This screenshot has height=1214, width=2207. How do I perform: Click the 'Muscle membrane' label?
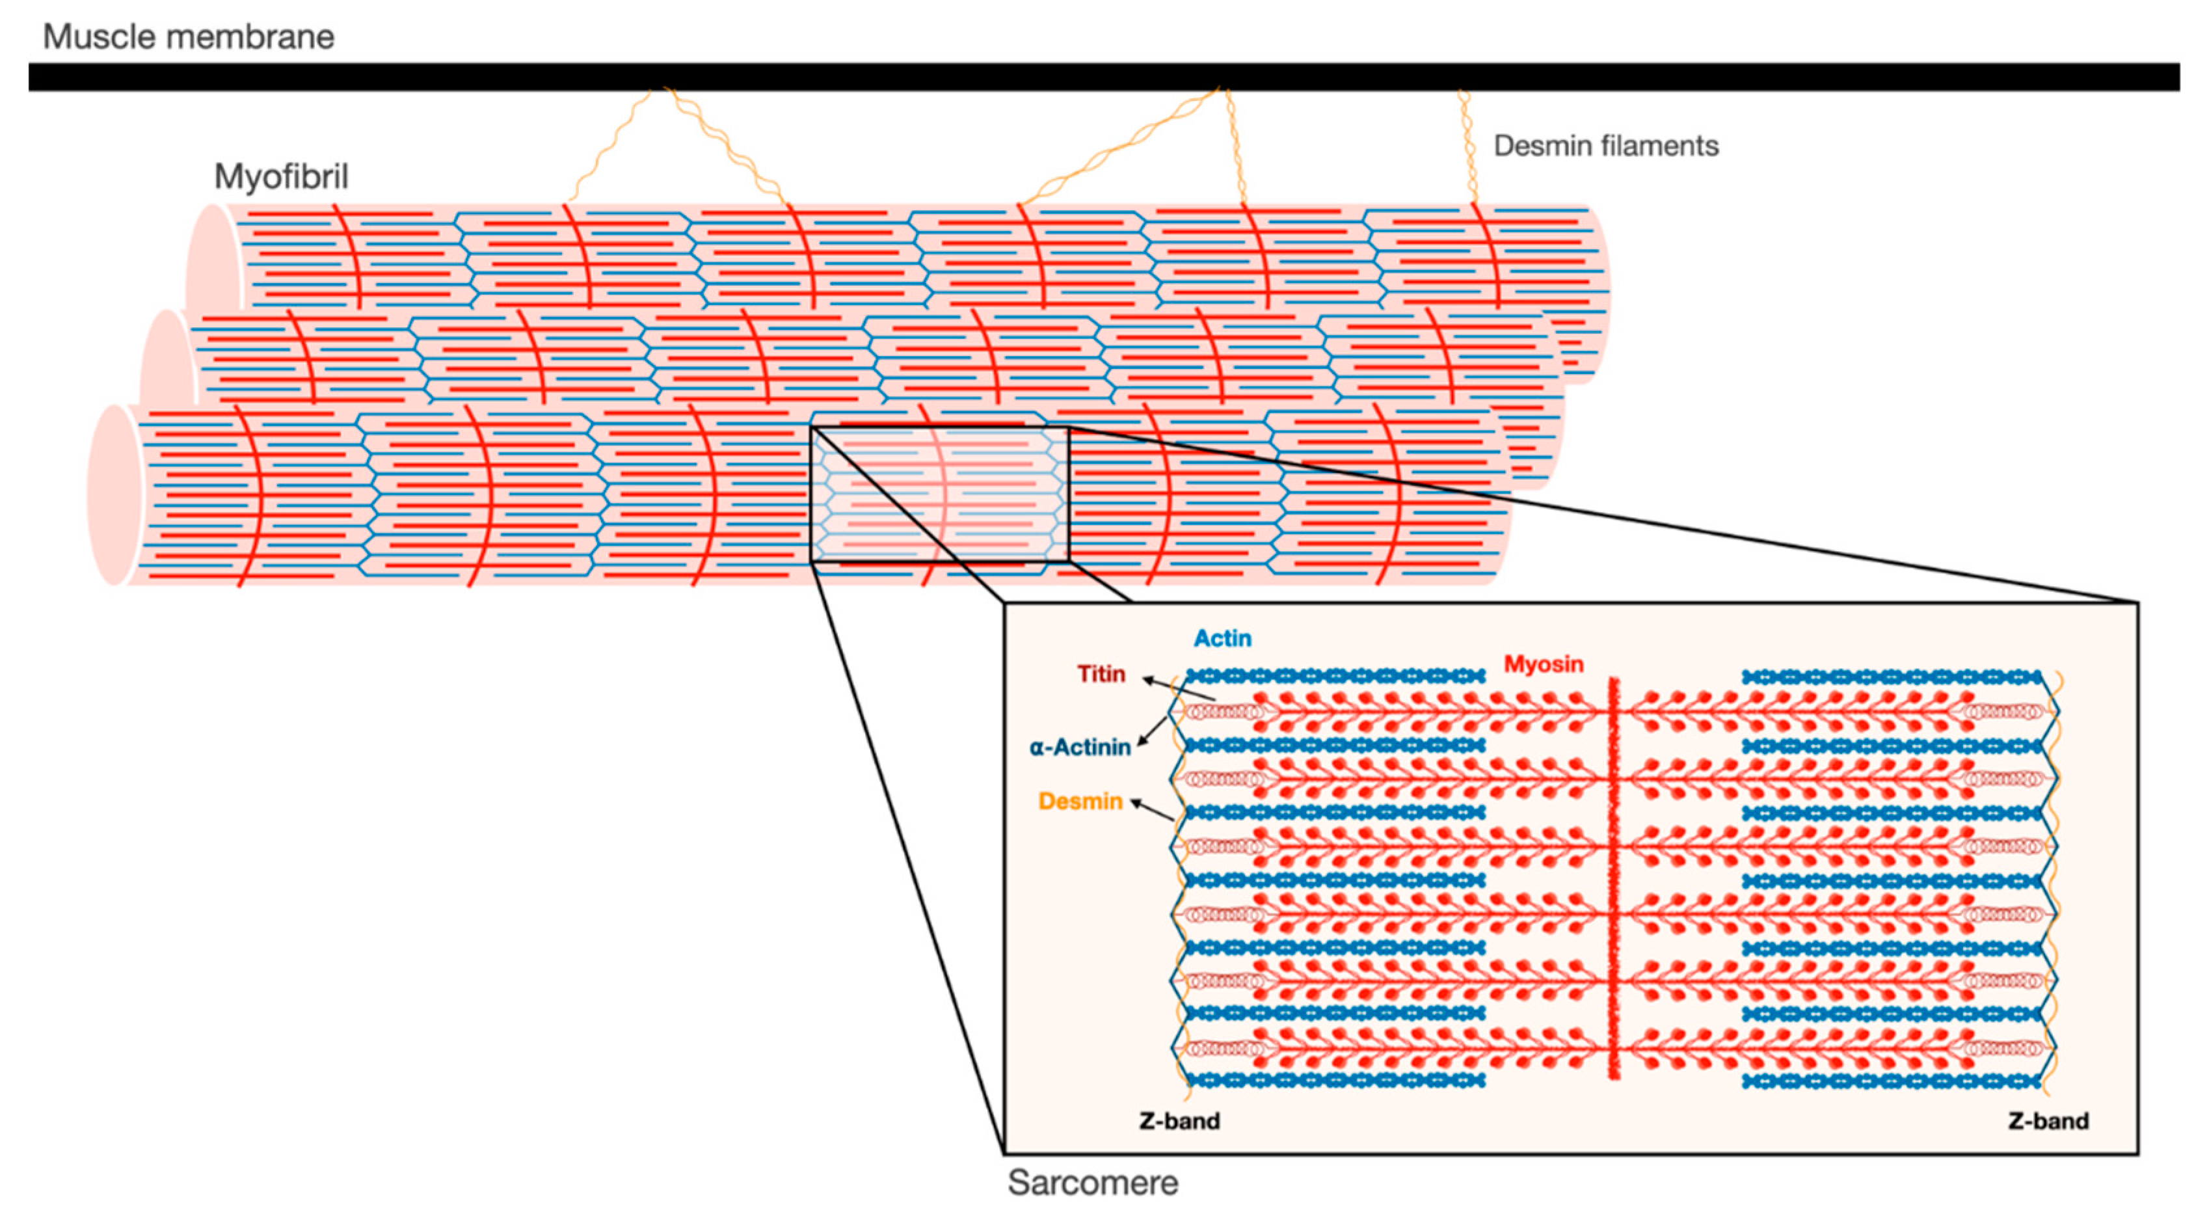(x=189, y=37)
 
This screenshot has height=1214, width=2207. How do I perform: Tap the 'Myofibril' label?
(x=281, y=176)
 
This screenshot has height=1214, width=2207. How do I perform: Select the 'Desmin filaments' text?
(x=1605, y=146)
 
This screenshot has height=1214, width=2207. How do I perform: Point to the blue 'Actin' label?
(x=1223, y=638)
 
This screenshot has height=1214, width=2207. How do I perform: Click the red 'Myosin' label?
(x=1543, y=664)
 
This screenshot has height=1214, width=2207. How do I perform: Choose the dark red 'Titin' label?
(x=1101, y=674)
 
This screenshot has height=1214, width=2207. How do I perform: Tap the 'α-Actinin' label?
(x=1080, y=747)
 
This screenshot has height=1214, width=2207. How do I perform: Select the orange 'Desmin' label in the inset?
(x=1080, y=801)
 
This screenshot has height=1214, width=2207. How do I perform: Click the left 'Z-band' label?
(x=1179, y=1120)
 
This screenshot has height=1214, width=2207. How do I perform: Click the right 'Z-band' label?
(x=2048, y=1120)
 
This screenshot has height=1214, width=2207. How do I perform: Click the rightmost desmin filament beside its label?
(x=1467, y=146)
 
